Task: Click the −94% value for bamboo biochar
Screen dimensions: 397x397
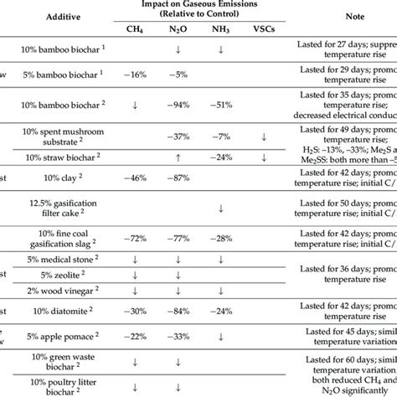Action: (175, 106)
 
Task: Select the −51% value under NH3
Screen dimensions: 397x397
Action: (219, 106)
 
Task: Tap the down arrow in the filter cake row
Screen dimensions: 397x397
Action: (219, 209)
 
